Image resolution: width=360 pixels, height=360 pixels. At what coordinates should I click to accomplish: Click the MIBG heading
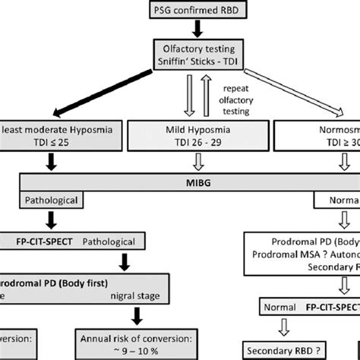click(180, 183)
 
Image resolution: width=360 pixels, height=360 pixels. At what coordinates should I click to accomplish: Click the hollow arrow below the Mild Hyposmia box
click(180, 161)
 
